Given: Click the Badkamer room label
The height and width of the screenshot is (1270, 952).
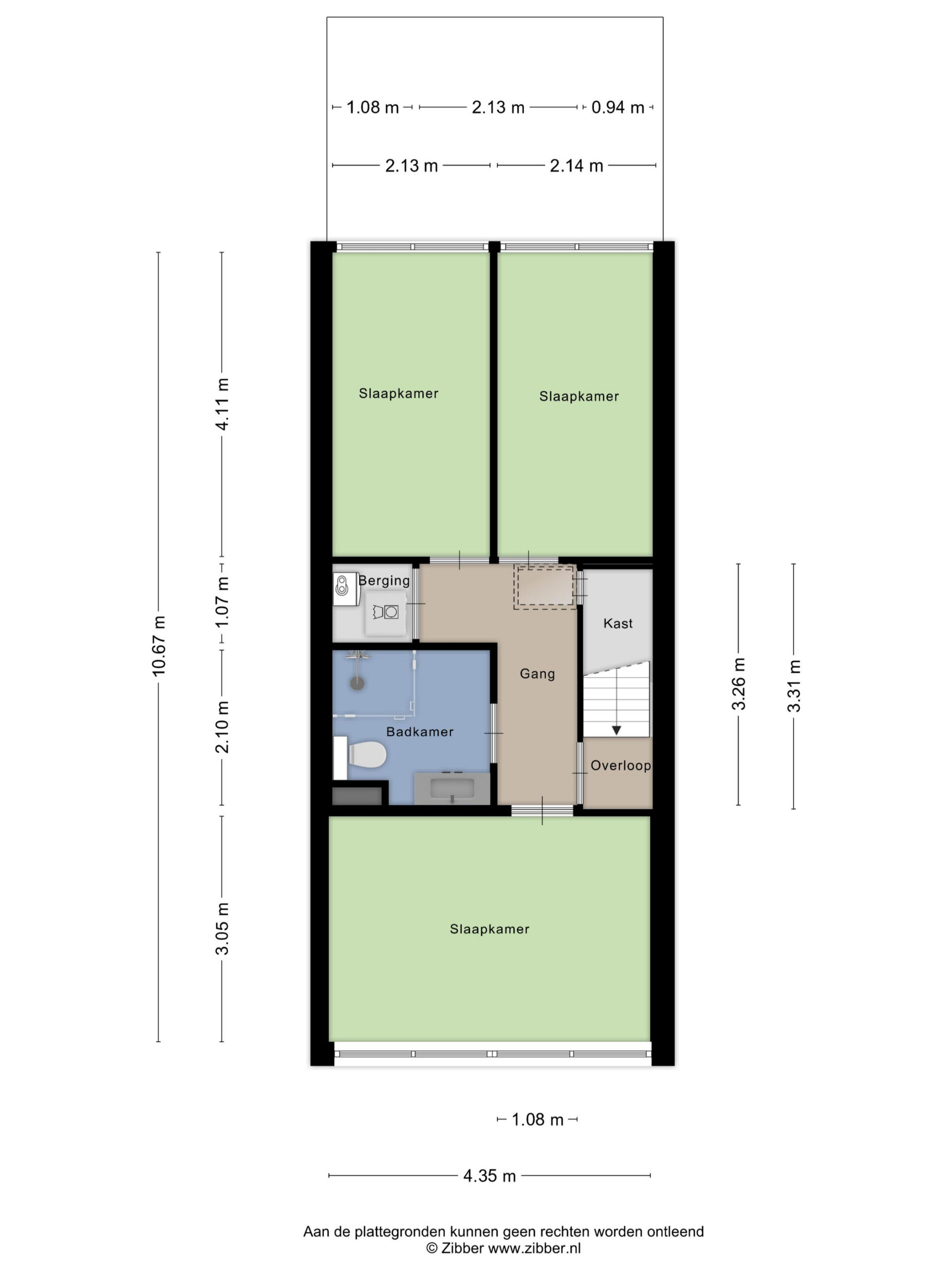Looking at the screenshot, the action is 419,731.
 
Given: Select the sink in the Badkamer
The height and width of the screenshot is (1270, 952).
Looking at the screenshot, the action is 452,788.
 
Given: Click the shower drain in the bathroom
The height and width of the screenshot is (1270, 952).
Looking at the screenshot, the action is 357,683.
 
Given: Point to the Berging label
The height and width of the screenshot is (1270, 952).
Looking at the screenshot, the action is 384,580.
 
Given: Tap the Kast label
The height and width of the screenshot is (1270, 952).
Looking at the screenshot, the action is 617,623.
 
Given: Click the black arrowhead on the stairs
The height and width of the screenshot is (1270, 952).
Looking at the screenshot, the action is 616,730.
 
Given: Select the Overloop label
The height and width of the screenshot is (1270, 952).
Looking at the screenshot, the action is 620,765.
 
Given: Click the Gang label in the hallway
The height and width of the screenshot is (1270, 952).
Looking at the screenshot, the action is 537,674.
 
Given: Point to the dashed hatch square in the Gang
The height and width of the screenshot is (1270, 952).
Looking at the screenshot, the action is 544,586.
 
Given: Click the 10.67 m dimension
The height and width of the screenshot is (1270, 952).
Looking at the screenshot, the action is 158,646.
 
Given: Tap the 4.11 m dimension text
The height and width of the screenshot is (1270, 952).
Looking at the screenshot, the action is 222,404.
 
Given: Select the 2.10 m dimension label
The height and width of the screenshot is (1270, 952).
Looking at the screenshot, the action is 222,727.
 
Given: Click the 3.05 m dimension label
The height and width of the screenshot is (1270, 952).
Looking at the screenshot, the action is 222,928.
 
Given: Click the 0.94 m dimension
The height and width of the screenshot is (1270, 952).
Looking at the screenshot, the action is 617,107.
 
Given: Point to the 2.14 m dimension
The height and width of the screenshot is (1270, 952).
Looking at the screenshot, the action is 576,166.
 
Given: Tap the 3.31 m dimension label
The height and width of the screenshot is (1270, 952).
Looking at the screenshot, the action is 794,686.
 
